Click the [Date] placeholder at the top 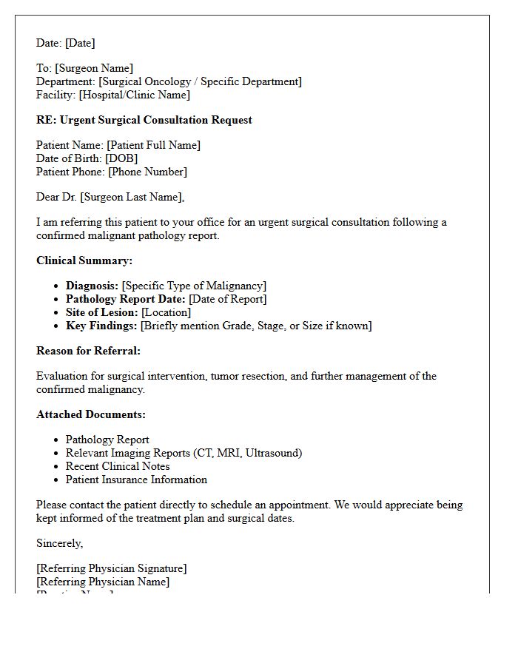pyautogui.click(x=80, y=43)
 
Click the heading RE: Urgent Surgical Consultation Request pyautogui.click(x=144, y=120)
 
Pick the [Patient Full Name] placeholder pyautogui.click(x=153, y=145)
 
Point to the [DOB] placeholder pyautogui.click(x=121, y=158)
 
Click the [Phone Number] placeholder pyautogui.click(x=147, y=172)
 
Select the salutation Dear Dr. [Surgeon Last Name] pyautogui.click(x=110, y=197)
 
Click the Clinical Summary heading pyautogui.click(x=84, y=260)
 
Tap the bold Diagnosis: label pyautogui.click(x=92, y=286)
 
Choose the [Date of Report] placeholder pyautogui.click(x=227, y=299)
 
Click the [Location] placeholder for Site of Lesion pyautogui.click(x=166, y=312)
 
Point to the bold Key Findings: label pyautogui.click(x=101, y=326)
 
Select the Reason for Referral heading pyautogui.click(x=88, y=351)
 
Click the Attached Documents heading pyautogui.click(x=91, y=414)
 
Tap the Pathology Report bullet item pyautogui.click(x=107, y=440)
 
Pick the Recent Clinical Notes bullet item pyautogui.click(x=118, y=466)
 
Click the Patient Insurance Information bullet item pyautogui.click(x=136, y=480)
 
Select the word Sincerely pyautogui.click(x=60, y=543)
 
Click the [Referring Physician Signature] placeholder pyautogui.click(x=111, y=568)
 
